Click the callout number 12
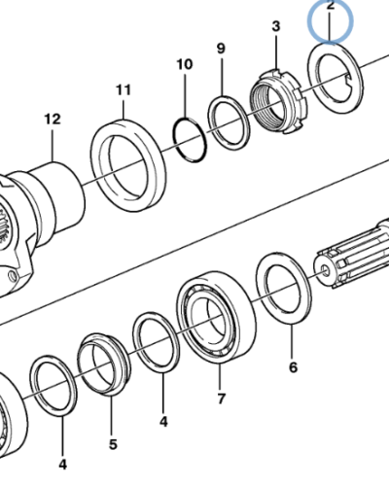53,120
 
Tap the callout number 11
124,89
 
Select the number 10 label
185,64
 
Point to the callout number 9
221,49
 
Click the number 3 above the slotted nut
276,26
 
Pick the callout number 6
293,367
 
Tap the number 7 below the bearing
221,399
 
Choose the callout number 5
113,444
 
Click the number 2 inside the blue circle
330,6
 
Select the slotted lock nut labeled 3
278,101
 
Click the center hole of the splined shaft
326,269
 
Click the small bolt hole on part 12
13,275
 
